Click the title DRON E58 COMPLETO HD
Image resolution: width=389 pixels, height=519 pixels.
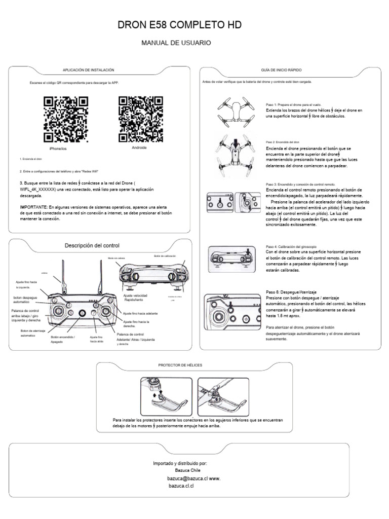(x=194, y=24)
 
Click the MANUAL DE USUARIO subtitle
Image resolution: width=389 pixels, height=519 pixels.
(x=176, y=44)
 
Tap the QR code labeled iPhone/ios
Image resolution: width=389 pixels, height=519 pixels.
(x=66, y=119)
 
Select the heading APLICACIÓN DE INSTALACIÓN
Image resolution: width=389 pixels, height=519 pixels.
(x=88, y=70)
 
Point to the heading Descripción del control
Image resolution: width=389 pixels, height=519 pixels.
(x=92, y=245)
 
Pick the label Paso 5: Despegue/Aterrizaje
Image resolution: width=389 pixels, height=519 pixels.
(x=288, y=293)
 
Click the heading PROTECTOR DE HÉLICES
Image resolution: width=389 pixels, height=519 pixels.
(x=181, y=365)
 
